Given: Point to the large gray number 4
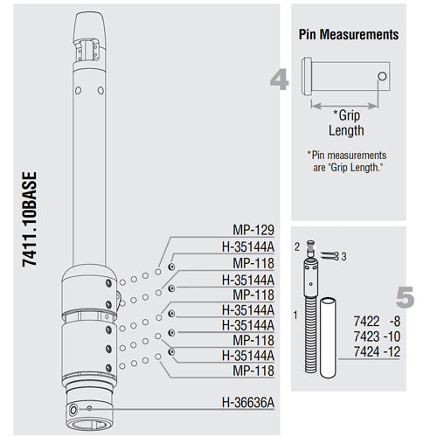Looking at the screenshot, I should pos(279,80).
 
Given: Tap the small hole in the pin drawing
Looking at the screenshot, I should pos(382,77).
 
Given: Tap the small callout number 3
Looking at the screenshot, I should pos(343,255).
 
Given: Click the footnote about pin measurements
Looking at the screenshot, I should pos(346,161).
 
